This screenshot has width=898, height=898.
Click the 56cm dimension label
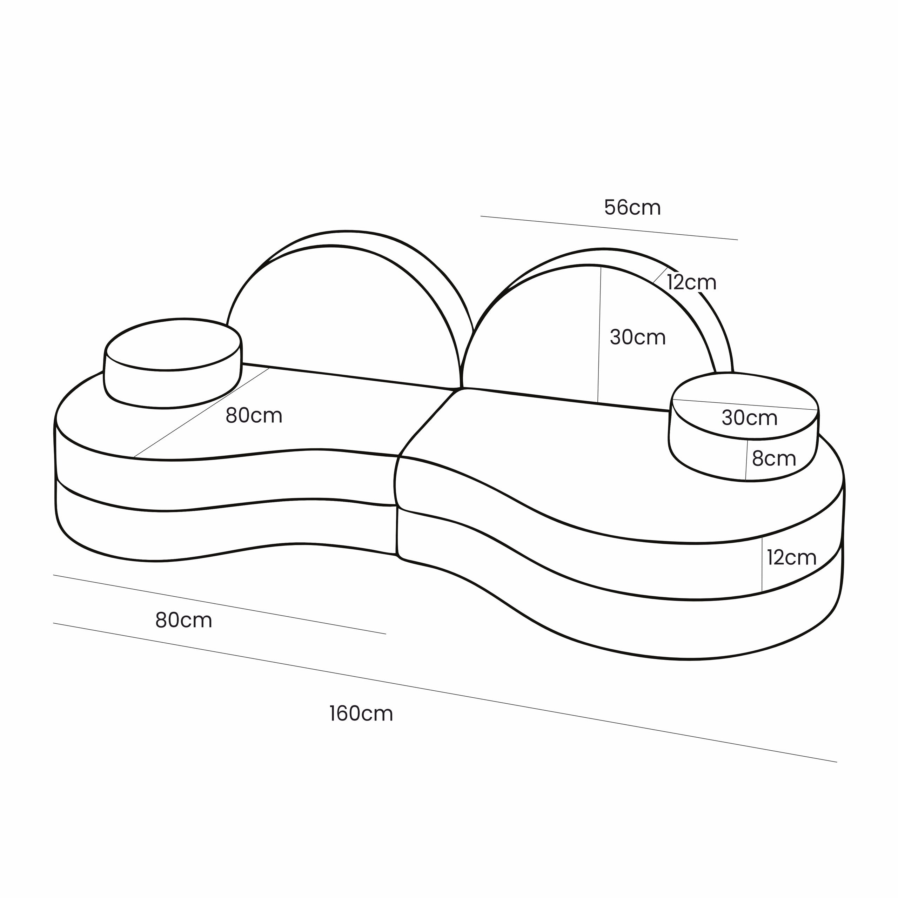click(x=632, y=208)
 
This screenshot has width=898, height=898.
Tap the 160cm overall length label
click(x=361, y=713)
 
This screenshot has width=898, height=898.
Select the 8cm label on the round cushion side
click(x=774, y=459)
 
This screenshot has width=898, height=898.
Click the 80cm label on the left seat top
click(x=254, y=416)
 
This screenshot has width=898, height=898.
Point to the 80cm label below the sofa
click(x=183, y=620)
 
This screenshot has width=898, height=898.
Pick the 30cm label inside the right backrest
click(x=638, y=337)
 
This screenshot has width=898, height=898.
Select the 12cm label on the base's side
click(x=792, y=557)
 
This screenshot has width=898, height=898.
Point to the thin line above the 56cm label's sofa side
click(x=609, y=228)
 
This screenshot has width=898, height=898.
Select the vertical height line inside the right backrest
click(x=599, y=335)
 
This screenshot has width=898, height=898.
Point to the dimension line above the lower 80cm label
click(x=219, y=604)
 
